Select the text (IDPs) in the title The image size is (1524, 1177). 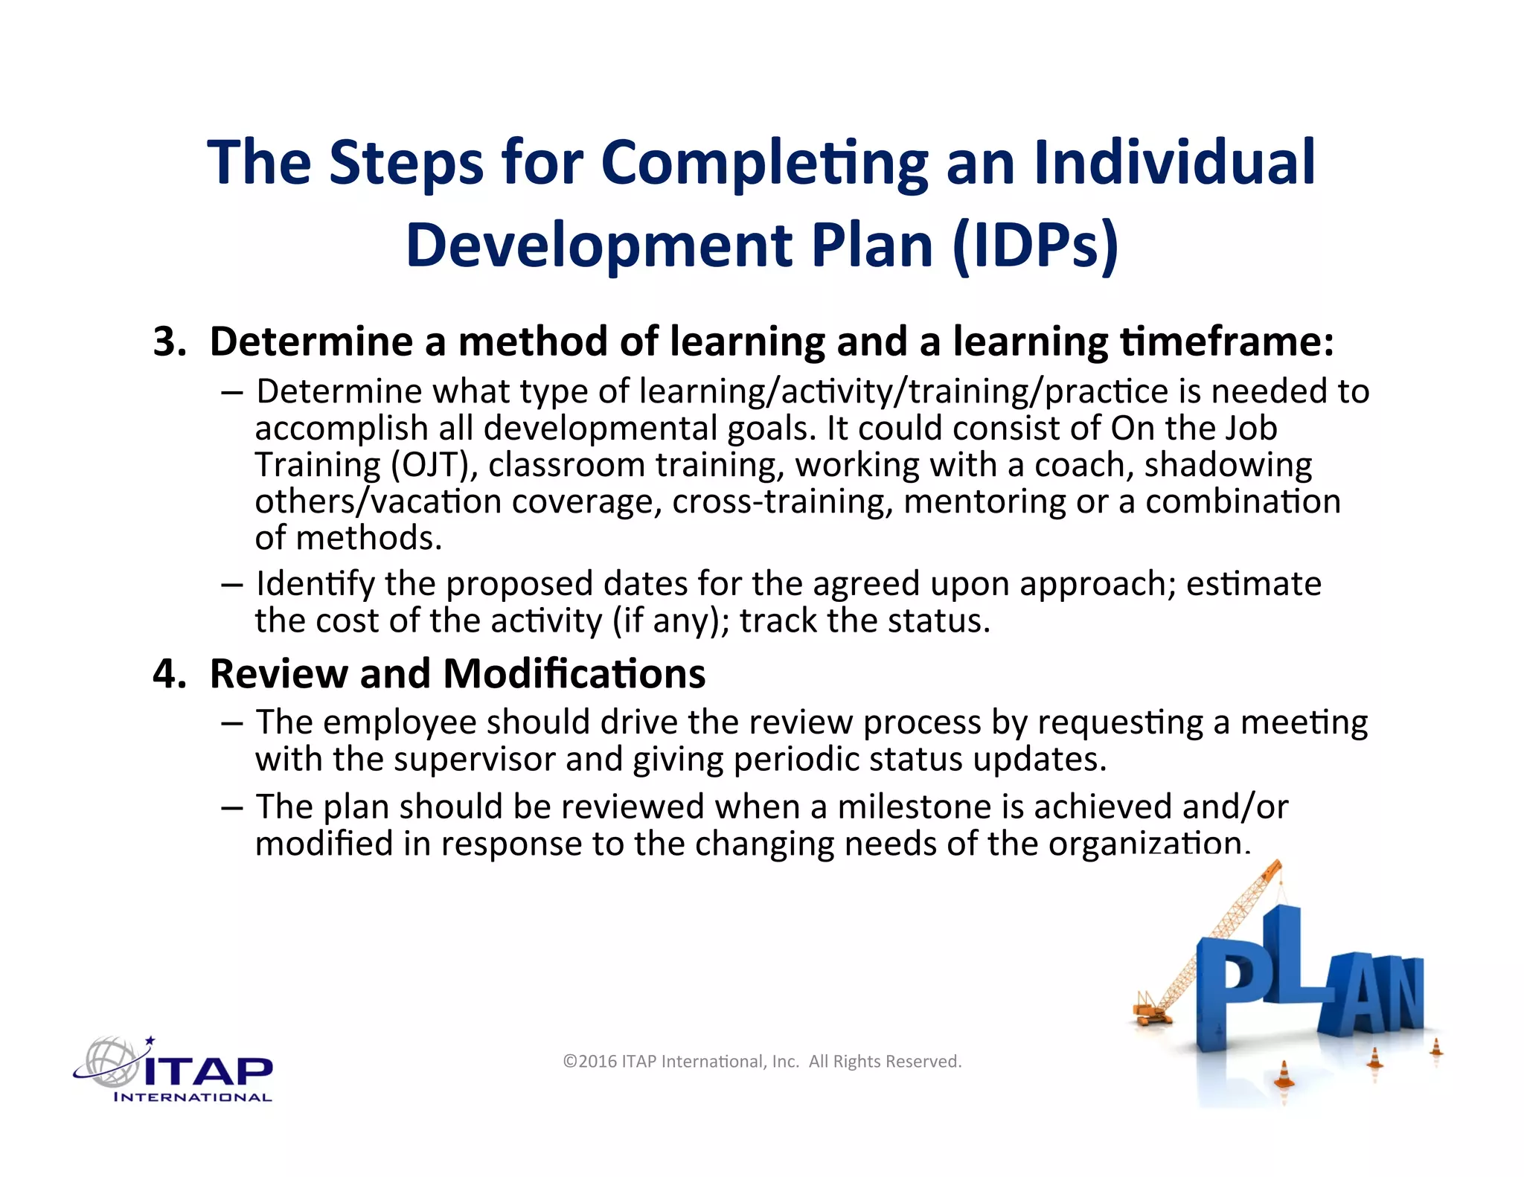[1035, 245]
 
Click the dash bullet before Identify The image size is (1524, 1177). [231, 584]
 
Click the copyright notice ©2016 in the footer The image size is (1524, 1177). [590, 1062]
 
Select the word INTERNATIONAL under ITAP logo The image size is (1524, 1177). [193, 1097]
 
